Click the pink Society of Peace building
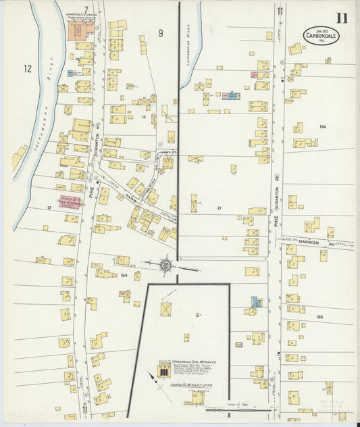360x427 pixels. click(71, 202)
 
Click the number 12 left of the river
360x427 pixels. click(27, 68)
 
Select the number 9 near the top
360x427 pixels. click(161, 32)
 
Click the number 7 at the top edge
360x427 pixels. click(86, 8)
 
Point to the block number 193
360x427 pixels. click(319, 316)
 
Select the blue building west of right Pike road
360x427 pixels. click(255, 302)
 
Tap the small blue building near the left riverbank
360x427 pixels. click(70, 73)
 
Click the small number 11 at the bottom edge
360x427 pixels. click(85, 409)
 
